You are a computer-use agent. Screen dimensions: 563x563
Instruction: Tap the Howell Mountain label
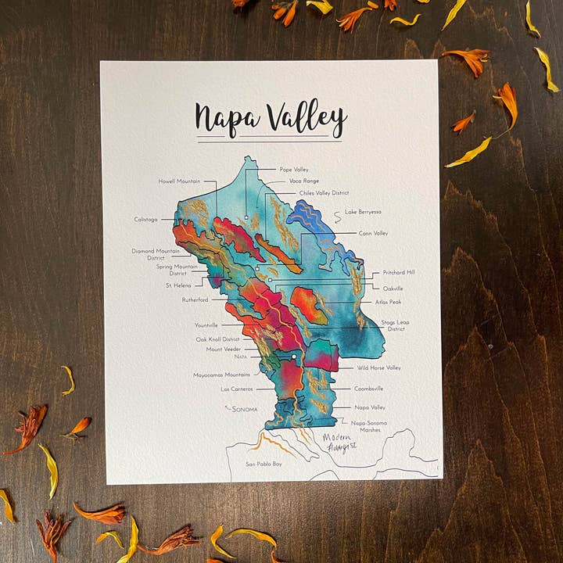click(x=179, y=181)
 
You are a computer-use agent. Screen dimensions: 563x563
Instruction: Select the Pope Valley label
click(x=294, y=169)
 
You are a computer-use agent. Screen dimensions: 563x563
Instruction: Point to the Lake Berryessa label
click(x=363, y=212)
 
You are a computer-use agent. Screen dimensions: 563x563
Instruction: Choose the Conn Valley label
click(x=373, y=233)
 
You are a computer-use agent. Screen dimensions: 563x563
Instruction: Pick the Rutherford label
click(x=195, y=299)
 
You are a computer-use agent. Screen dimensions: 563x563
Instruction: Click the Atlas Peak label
click(x=388, y=302)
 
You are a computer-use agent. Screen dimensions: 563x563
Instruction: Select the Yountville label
click(x=206, y=325)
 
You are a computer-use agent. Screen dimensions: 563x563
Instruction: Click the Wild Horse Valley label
click(x=378, y=368)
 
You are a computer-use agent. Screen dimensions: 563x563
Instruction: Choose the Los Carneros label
click(x=235, y=389)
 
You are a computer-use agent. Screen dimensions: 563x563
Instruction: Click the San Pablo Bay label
click(x=264, y=464)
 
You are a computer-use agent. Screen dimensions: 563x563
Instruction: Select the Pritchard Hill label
click(x=399, y=273)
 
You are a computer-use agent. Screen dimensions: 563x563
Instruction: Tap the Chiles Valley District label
click(x=324, y=192)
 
